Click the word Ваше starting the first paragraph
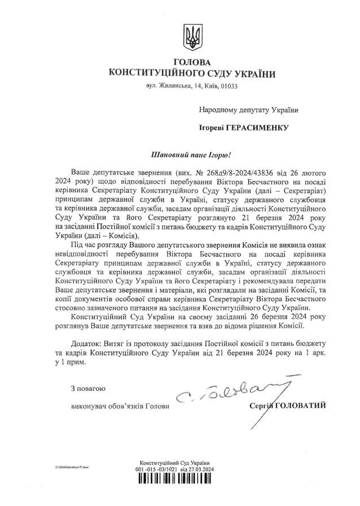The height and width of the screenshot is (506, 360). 81,171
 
